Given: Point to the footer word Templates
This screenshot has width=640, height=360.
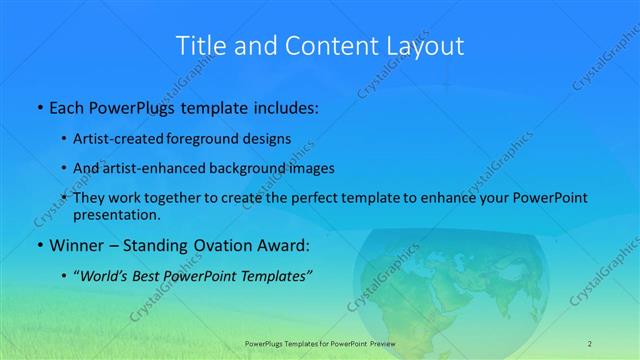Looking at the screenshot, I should tap(304, 342).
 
